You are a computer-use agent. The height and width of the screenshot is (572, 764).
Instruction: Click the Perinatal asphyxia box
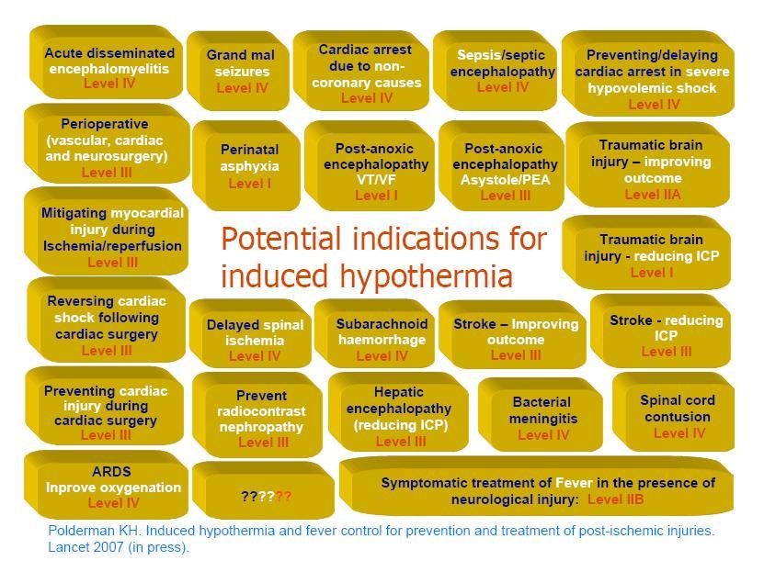246,166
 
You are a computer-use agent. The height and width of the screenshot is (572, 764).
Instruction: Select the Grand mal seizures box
238,71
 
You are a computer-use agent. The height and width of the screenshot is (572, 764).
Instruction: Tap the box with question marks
264,490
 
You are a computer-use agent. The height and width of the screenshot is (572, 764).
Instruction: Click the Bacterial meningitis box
541,415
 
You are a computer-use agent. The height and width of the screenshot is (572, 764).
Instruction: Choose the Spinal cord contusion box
673,412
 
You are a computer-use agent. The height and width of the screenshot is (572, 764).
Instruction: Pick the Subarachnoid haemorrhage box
374,333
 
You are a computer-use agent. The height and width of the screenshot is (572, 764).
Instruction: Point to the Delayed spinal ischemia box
250,333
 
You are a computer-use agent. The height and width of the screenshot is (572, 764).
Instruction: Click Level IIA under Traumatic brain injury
653,195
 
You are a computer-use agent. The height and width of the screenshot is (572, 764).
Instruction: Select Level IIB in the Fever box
615,499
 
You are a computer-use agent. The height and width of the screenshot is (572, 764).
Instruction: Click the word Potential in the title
281,239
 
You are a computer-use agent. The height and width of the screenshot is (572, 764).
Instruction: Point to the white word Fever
574,483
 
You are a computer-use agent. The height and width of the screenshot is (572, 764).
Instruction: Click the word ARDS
111,471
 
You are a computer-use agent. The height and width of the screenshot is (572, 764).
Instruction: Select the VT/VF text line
376,180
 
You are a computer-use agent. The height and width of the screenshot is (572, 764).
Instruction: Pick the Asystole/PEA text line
506,180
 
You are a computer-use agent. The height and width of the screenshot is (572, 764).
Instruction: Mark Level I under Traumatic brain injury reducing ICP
652,273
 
